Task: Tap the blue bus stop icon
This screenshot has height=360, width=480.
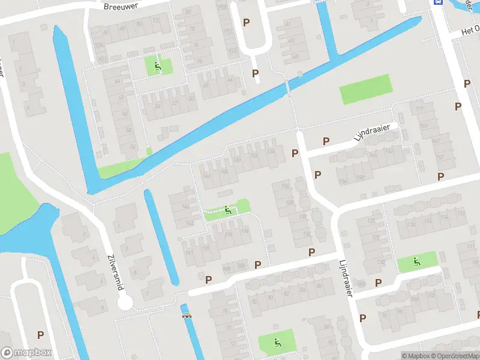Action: click(x=439, y=2)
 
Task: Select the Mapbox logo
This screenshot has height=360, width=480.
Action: click(x=26, y=352)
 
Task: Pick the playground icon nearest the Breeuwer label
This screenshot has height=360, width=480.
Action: click(x=158, y=66)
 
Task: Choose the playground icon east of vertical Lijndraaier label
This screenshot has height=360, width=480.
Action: click(x=416, y=262)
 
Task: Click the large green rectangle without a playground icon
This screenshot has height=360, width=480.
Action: click(x=366, y=89)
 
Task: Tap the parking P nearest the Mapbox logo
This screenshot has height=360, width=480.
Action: click(x=40, y=335)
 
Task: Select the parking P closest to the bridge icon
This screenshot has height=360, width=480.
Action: click(x=209, y=280)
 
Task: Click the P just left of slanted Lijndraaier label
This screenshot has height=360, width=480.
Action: click(x=326, y=142)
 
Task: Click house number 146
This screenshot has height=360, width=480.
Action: click(x=207, y=176)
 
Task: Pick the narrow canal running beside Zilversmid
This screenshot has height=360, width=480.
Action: click(x=161, y=237)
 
